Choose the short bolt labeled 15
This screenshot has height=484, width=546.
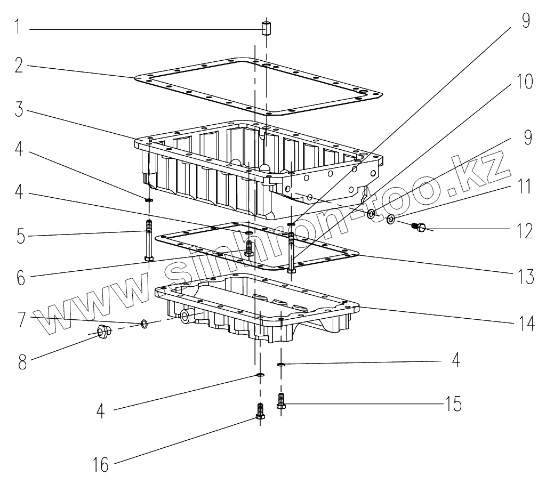(x=281, y=401)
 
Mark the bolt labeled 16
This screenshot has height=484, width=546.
(x=260, y=411)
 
